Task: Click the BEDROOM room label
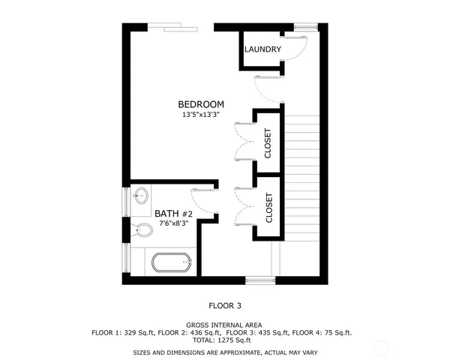click(x=200, y=104)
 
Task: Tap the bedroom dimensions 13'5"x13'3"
click(x=200, y=115)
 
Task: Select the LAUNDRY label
click(x=262, y=50)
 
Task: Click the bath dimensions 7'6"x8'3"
click(x=174, y=223)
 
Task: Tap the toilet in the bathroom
click(x=140, y=230)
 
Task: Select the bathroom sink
click(x=140, y=198)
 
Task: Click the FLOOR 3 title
click(x=225, y=305)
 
